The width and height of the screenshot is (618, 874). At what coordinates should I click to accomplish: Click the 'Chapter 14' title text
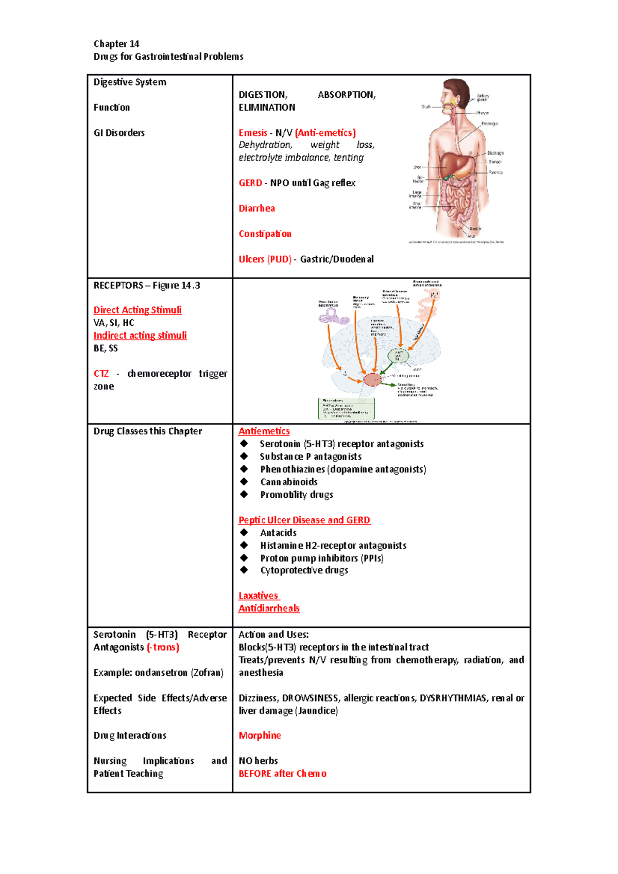pos(116,44)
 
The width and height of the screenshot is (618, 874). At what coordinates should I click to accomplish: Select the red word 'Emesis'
pos(253,133)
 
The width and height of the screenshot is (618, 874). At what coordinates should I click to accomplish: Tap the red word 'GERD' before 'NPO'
pos(250,183)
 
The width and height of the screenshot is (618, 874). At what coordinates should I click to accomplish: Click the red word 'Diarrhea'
pos(256,208)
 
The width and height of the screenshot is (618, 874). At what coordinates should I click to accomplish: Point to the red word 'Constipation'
pos(265,234)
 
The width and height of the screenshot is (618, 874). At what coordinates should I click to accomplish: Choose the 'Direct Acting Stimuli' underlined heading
pos(138,310)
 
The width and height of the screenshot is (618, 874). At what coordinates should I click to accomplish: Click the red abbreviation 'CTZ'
pos(101,374)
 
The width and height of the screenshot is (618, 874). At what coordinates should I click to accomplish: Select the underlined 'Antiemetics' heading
pos(264,431)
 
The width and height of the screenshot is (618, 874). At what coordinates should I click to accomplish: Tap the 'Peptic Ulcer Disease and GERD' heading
pos(304,520)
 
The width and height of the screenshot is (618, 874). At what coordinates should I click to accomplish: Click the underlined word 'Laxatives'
pos(258,596)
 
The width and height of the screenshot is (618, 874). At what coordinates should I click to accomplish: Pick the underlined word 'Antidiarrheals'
pos(269,608)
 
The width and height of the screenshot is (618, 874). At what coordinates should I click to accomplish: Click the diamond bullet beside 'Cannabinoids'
pos(244,482)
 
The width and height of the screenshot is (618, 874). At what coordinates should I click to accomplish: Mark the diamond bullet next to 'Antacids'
pos(244,533)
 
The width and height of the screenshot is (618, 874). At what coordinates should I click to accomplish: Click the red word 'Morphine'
pos(260,736)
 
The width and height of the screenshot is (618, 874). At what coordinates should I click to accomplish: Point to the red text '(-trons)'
pos(163,648)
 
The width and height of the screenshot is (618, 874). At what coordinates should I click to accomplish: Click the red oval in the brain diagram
pos(372,380)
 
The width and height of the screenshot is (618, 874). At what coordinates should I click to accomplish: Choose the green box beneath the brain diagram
pos(346,409)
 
